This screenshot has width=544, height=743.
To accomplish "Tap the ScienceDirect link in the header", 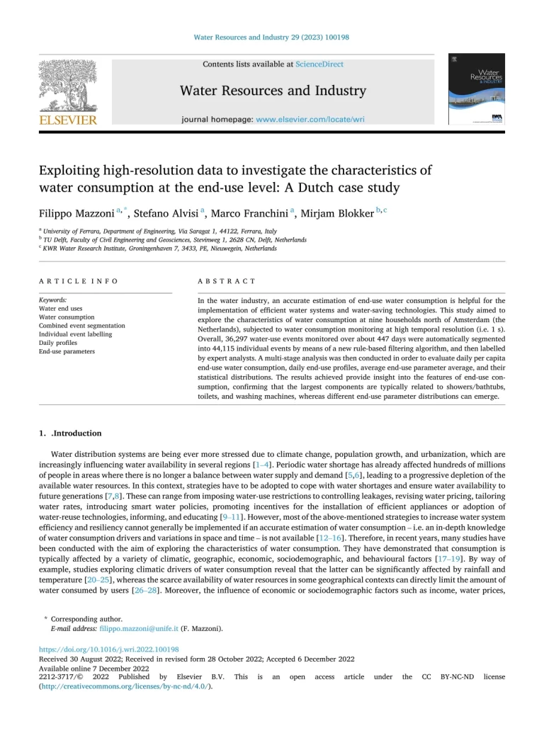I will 320,64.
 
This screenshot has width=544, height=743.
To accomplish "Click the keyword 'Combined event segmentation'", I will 81,326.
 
